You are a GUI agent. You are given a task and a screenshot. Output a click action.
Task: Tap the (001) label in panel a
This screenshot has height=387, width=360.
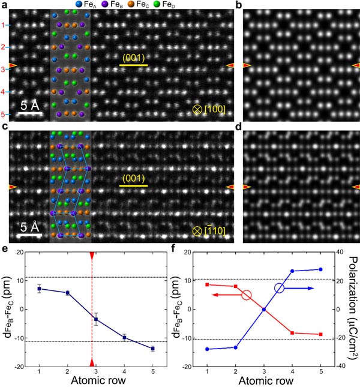pyautogui.click(x=133, y=58)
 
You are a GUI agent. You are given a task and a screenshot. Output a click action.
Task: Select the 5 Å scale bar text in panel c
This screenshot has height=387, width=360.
pyautogui.click(x=27, y=227)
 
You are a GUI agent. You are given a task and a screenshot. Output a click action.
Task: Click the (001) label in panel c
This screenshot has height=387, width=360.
pyautogui.click(x=133, y=178)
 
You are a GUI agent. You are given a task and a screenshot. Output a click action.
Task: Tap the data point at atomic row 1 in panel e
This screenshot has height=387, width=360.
pyautogui.click(x=40, y=289)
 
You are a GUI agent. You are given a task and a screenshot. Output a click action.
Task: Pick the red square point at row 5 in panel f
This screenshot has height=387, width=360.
pyautogui.click(x=320, y=334)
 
